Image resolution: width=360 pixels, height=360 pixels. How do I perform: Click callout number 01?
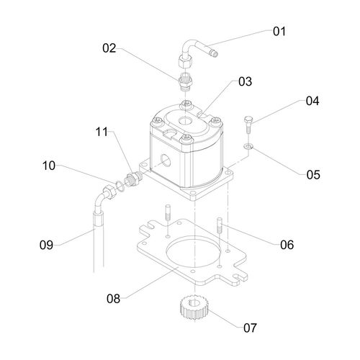click(x=279, y=32)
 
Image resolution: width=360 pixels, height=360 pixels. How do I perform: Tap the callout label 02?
click(x=109, y=48)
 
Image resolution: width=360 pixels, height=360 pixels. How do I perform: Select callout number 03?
click(x=245, y=81)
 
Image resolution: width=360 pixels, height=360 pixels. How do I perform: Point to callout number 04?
click(x=312, y=101)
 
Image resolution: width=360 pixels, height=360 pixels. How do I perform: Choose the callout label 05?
click(x=313, y=175)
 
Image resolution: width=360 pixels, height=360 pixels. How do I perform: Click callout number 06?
click(x=287, y=245)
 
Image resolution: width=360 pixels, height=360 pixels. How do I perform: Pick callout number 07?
click(x=250, y=328)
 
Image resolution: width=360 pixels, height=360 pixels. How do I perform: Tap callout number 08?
click(x=113, y=299)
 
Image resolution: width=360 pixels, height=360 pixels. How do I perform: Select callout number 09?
click(x=46, y=245)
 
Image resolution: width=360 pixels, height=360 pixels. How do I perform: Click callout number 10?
click(x=49, y=166)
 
